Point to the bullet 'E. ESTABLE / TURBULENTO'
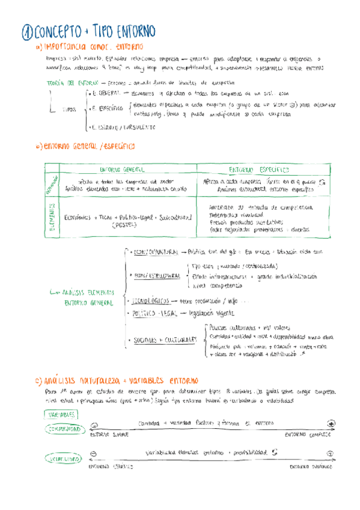(x=123, y=127)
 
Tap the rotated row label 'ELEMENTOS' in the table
(x=52, y=217)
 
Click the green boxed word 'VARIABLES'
(x=61, y=414)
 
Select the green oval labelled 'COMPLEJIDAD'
(x=63, y=428)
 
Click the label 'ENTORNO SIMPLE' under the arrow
(x=109, y=434)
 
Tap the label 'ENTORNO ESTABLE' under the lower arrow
(x=110, y=466)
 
